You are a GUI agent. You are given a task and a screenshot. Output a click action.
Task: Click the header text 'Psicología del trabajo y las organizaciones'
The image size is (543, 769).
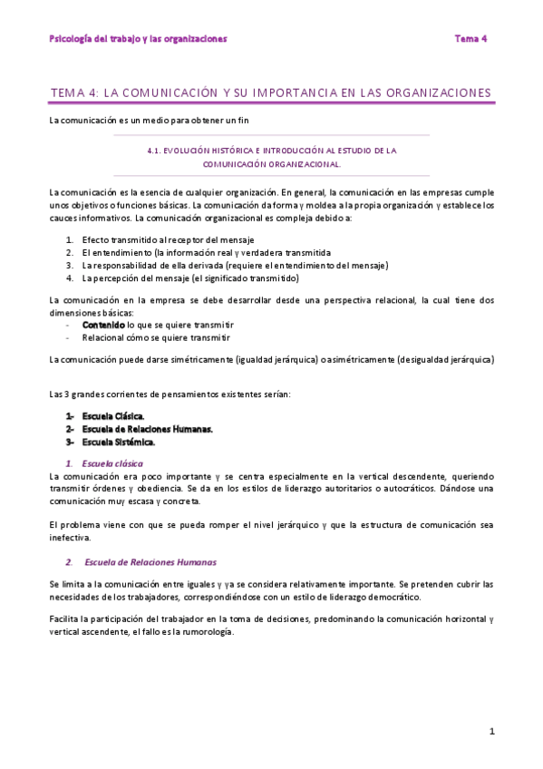tap(138, 39)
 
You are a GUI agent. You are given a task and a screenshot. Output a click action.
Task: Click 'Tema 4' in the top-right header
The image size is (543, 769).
tap(470, 39)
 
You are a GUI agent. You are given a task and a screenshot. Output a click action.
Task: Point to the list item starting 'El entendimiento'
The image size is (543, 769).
tap(206, 252)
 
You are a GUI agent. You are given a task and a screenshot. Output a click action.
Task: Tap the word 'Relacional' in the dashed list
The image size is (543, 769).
tap(102, 336)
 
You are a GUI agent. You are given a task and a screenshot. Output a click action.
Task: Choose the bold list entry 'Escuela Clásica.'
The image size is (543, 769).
tap(113, 416)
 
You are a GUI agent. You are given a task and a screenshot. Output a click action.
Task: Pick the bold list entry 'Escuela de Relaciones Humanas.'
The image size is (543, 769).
tap(147, 429)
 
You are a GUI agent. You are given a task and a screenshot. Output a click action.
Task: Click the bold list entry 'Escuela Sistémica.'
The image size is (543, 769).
tap(118, 442)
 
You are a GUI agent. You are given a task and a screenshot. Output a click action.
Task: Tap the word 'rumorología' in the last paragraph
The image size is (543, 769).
tap(208, 631)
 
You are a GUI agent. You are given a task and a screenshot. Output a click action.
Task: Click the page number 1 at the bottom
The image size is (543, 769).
tap(491, 731)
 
